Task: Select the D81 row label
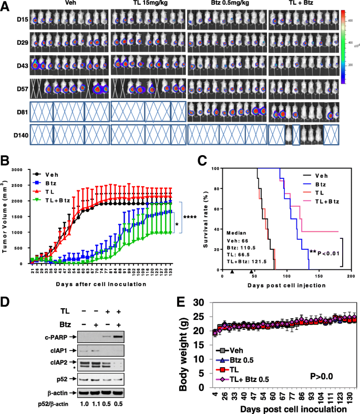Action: click(15, 110)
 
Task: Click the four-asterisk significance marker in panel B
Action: click(192, 216)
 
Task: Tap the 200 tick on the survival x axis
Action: click(351, 275)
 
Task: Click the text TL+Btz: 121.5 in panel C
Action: click(244, 261)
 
